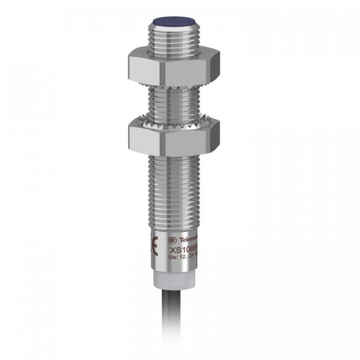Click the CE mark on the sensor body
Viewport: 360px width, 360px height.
click(155, 243)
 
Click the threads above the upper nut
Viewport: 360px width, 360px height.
click(174, 39)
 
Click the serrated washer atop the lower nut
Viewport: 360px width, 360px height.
click(173, 119)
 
